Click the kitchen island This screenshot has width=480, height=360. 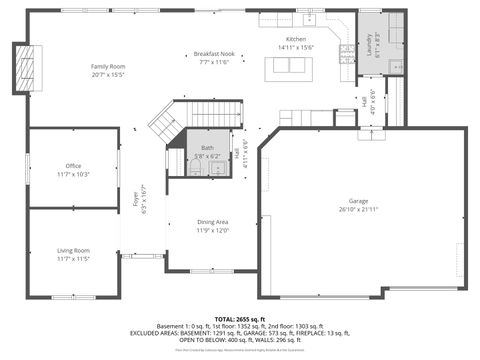287,67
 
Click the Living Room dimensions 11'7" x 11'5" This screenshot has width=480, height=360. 73,258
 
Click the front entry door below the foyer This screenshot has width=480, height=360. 143,256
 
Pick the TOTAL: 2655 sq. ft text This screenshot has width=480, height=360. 239,317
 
